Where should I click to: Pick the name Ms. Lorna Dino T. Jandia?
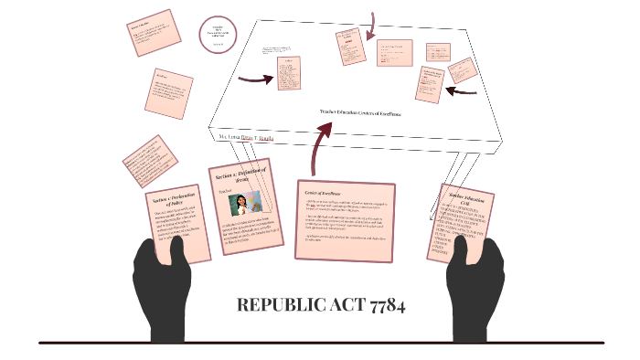coord(245,136)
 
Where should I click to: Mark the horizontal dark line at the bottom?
coord(320,344)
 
